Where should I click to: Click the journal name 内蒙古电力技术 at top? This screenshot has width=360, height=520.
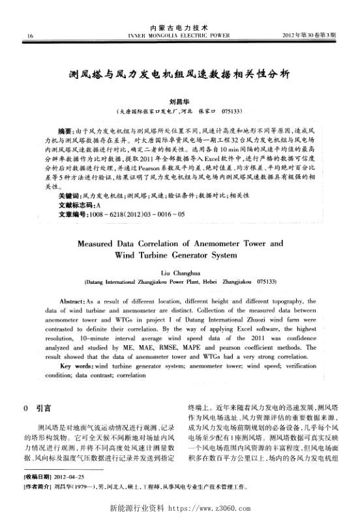(x=179, y=27)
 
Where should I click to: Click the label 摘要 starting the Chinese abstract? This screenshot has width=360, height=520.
(x=65, y=132)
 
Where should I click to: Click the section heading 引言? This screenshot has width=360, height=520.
(x=44, y=409)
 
